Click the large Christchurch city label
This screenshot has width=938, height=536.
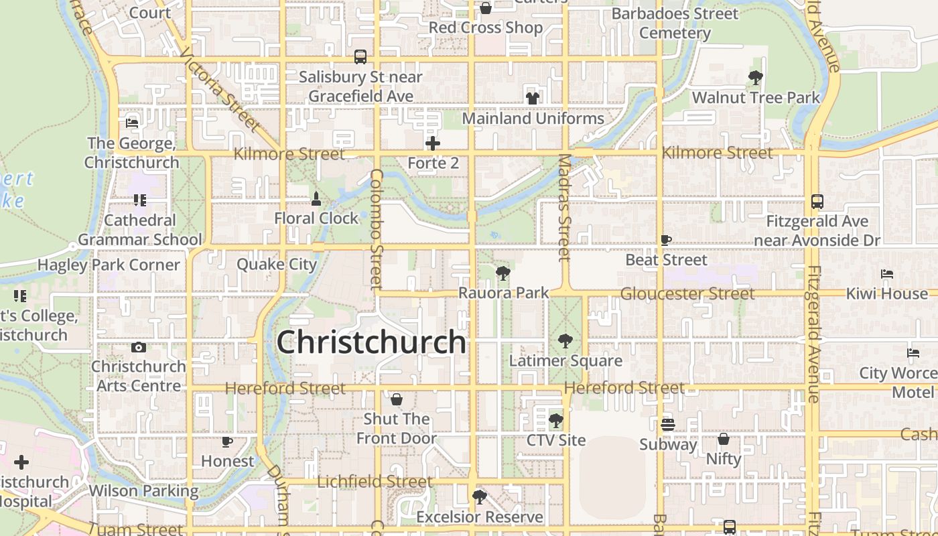pos(371,342)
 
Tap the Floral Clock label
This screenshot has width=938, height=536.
pos(316,218)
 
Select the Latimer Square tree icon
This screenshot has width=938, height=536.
pos(565,341)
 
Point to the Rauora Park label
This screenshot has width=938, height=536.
pos(503,293)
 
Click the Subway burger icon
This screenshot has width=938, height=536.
pos(667,425)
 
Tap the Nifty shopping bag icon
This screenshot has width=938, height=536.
pos(724,440)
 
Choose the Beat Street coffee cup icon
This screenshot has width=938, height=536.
pos(666,240)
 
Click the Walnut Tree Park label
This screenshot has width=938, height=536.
pos(756,98)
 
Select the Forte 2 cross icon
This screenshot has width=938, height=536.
pos(433,143)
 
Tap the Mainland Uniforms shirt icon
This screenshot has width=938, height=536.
pos(533,98)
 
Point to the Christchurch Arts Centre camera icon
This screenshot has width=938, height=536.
pos(139,347)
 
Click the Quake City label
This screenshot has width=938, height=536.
pos(277,264)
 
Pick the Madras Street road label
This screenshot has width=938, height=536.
pos(565,208)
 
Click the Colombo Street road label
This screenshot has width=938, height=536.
pos(376,229)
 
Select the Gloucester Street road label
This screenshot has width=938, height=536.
pos(687,293)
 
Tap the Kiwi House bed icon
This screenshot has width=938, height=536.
pos(887,274)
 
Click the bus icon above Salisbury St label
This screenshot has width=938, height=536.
pos(360,57)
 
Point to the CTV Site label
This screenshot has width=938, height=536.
pos(556,440)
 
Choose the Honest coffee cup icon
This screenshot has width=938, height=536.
pos(227,442)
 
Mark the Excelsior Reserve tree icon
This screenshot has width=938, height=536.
pos(479,497)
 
